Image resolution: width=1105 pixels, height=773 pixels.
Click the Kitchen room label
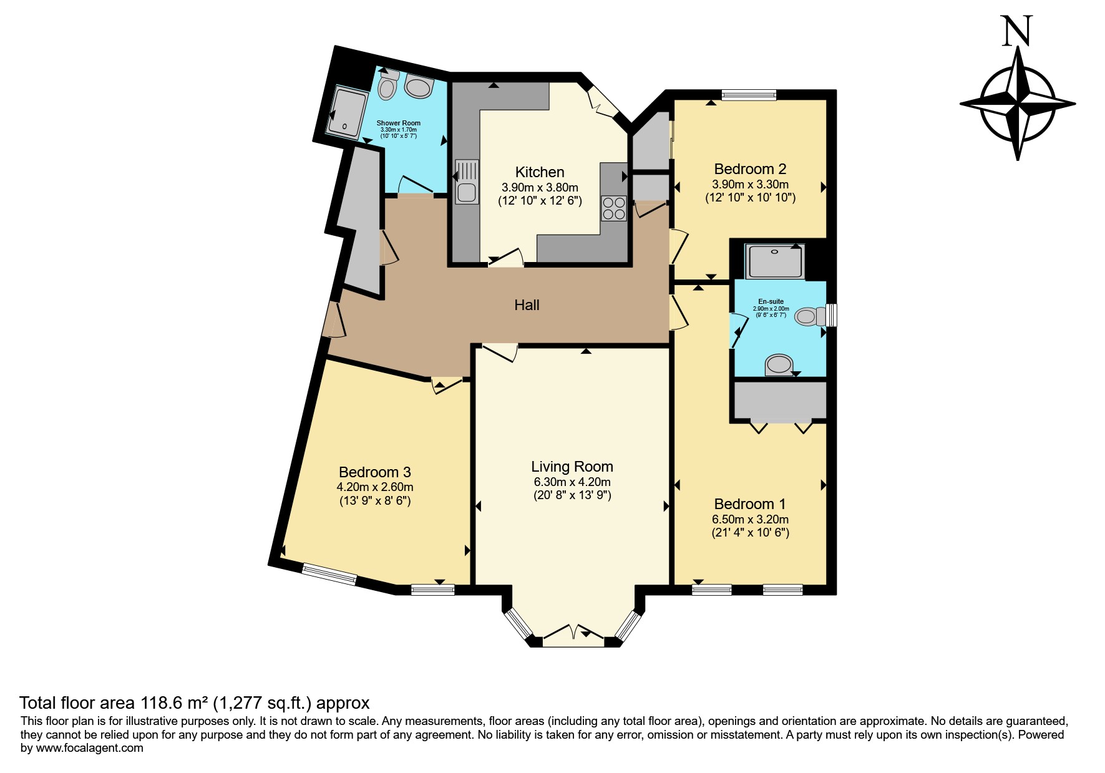click(x=540, y=172)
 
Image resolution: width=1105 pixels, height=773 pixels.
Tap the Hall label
click(x=527, y=305)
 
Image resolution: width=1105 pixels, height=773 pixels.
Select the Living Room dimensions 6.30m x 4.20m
click(x=572, y=482)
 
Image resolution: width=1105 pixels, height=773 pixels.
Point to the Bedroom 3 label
click(x=374, y=472)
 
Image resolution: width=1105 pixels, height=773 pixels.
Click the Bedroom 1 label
click(x=750, y=504)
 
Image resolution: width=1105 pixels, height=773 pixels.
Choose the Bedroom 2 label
click(x=750, y=169)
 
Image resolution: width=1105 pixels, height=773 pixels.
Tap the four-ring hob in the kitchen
click(x=614, y=208)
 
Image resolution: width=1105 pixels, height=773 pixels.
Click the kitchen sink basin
click(x=466, y=192)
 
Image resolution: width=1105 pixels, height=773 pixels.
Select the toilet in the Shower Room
click(x=387, y=86)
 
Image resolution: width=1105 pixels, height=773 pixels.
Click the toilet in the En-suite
click(x=811, y=316)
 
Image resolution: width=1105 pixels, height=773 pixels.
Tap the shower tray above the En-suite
click(x=775, y=261)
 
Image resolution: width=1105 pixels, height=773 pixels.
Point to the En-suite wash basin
click(x=779, y=365)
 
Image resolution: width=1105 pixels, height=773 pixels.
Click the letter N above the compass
click(x=1017, y=31)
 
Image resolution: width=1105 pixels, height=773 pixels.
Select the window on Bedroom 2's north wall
click(x=749, y=95)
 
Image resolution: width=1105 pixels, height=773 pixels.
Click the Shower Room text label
click(x=399, y=123)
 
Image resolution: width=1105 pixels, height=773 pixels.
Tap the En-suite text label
click(x=771, y=301)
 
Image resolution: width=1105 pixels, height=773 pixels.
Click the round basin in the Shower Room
click(x=419, y=87)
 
